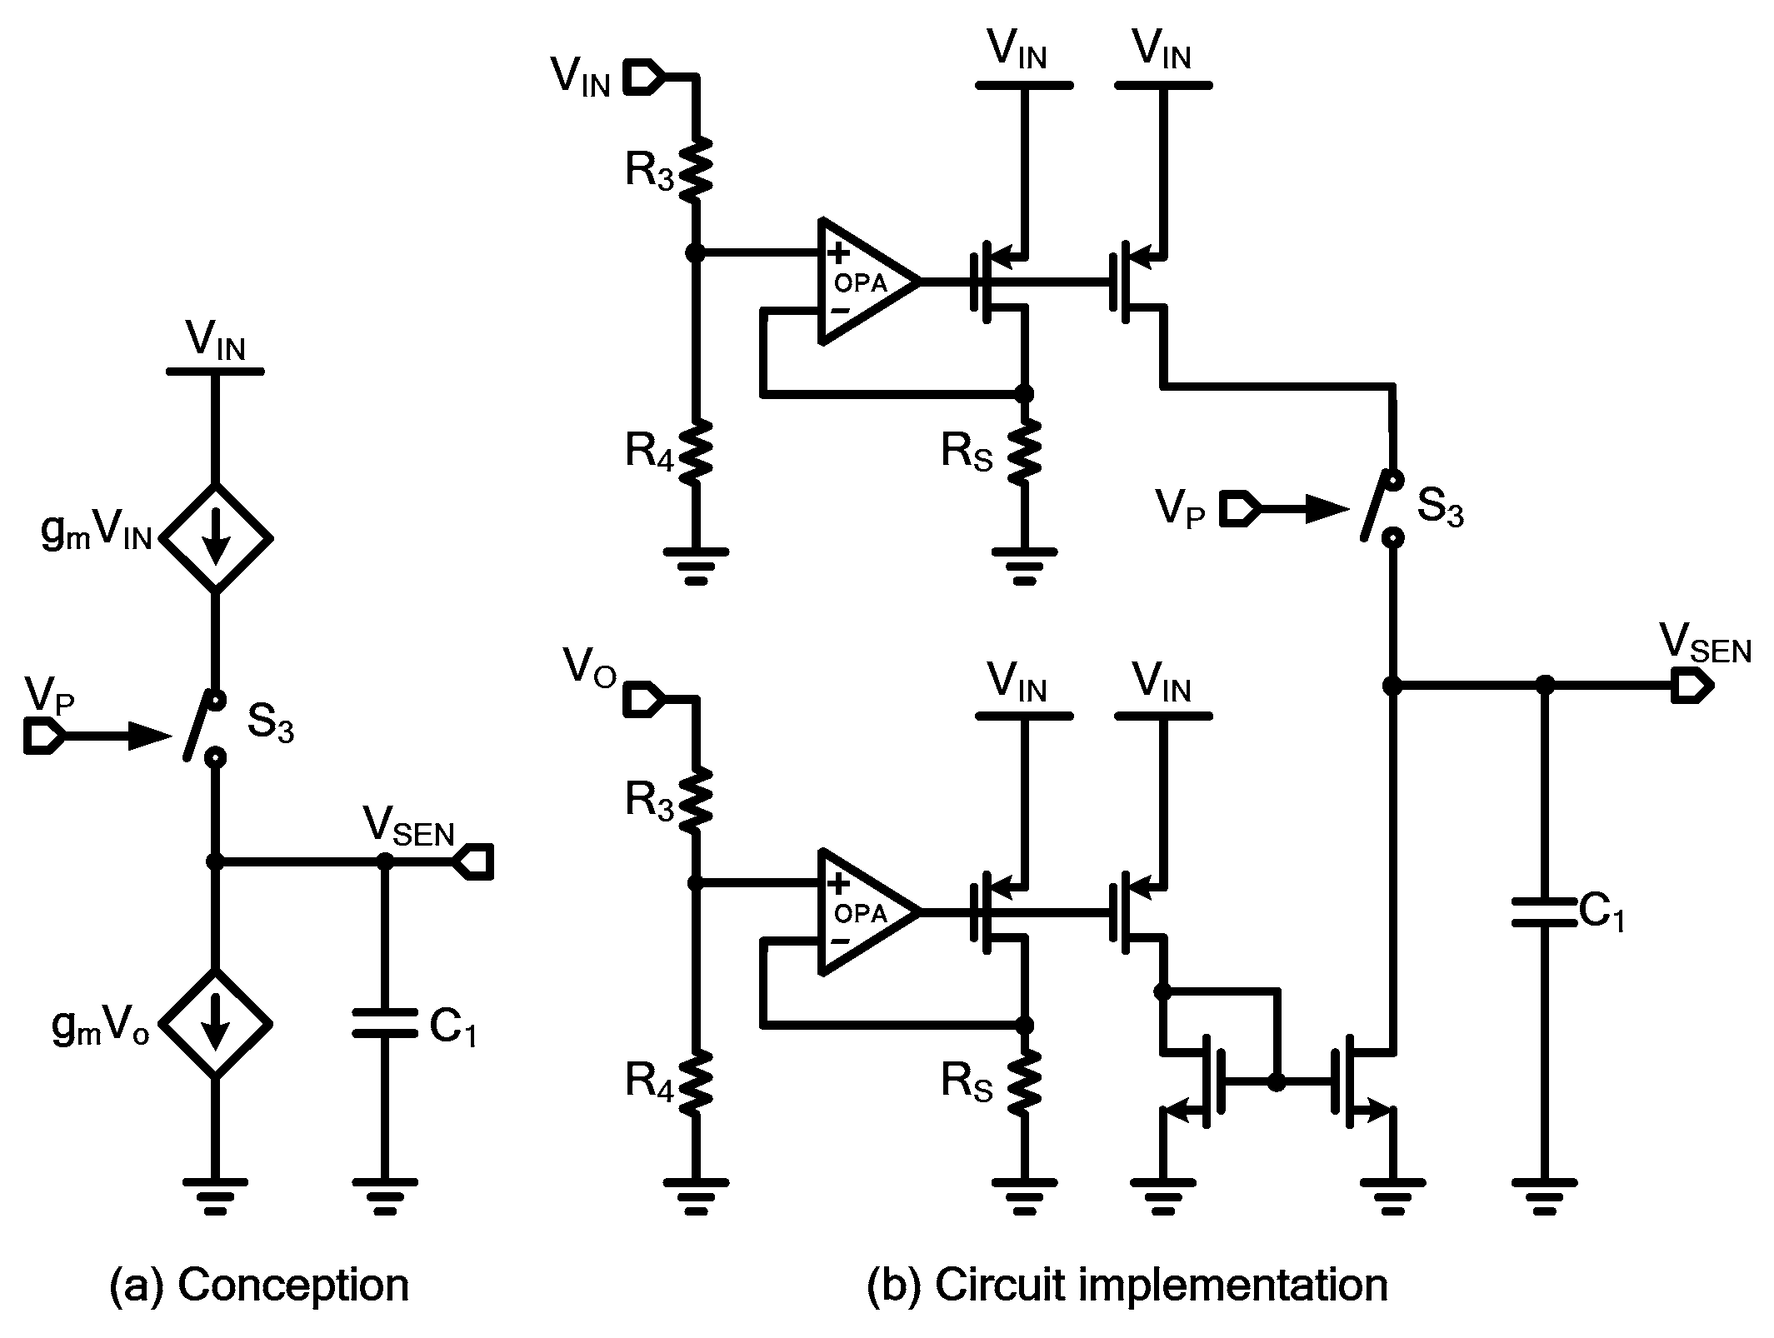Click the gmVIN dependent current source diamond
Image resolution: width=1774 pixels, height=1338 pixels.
point(215,538)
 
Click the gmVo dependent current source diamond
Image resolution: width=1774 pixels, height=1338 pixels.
point(215,1023)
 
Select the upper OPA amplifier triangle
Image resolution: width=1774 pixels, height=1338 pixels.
point(867,282)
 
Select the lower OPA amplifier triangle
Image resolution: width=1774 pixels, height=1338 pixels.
point(867,911)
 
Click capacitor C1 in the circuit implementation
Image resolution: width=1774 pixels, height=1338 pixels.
point(1544,912)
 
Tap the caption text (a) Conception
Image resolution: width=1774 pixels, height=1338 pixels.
point(259,1284)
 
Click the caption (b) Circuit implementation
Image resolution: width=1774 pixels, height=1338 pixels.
point(1127,1284)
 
